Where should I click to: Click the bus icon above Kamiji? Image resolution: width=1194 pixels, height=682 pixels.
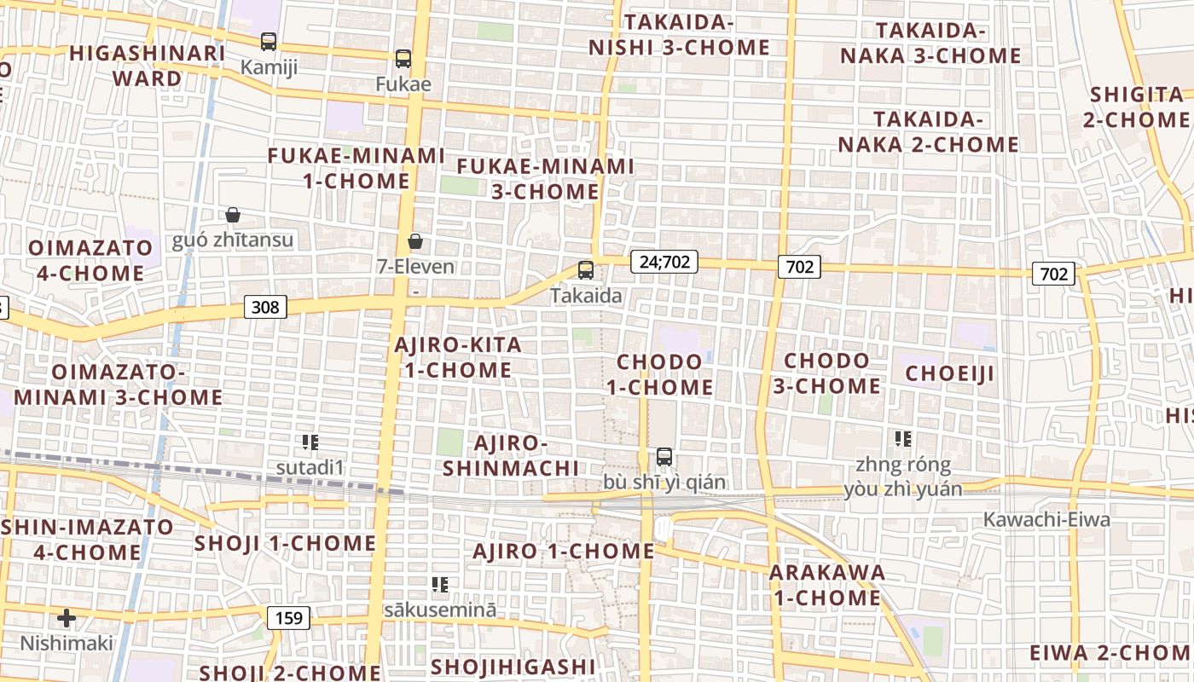click(x=269, y=41)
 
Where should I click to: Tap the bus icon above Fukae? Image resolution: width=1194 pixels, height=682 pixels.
click(x=403, y=59)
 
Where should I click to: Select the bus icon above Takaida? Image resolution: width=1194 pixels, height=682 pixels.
click(x=586, y=270)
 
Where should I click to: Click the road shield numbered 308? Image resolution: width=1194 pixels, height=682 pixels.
click(x=265, y=306)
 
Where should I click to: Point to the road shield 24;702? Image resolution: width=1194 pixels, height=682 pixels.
click(x=664, y=262)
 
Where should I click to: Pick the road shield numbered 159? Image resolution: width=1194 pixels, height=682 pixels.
click(x=289, y=617)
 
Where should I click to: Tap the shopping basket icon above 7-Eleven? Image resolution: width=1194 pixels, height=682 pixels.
click(x=415, y=241)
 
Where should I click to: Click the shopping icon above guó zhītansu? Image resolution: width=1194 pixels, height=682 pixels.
click(x=232, y=214)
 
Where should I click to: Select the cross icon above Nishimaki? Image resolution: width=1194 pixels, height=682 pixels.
click(x=67, y=617)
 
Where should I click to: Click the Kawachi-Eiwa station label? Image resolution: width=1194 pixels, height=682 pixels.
click(x=1046, y=519)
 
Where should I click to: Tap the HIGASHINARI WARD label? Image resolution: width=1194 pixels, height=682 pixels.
click(x=148, y=66)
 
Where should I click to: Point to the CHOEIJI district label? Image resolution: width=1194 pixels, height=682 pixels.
click(x=950, y=373)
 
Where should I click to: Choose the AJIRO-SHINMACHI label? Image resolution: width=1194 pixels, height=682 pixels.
click(x=511, y=455)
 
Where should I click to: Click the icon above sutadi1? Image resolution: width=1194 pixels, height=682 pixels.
click(x=310, y=442)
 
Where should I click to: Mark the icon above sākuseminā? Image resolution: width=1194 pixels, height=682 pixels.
click(x=440, y=584)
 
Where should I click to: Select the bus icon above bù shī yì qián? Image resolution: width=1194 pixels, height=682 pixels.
click(x=664, y=457)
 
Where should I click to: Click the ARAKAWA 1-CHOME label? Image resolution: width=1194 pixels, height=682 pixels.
click(x=827, y=585)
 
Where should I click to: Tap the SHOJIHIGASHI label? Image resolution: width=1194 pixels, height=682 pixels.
click(x=513, y=666)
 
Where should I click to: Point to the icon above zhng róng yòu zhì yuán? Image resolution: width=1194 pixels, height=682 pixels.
click(x=903, y=439)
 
